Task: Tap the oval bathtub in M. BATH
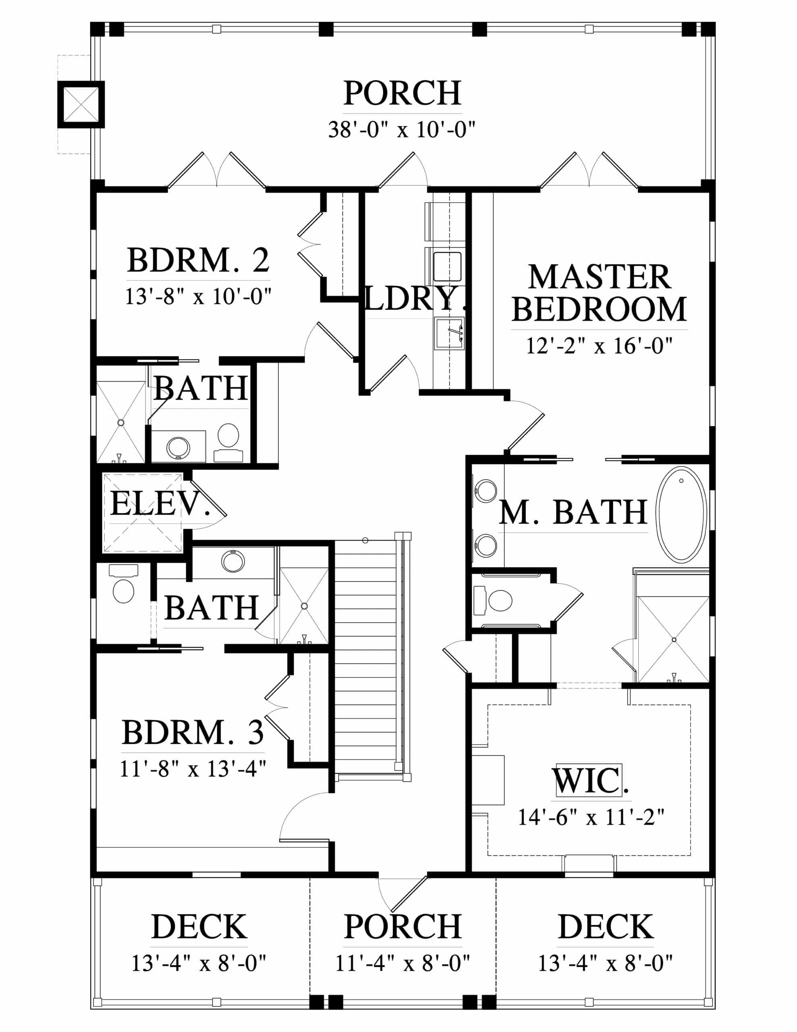point(682,515)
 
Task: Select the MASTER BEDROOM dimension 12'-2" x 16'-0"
point(599,346)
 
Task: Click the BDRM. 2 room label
point(198,260)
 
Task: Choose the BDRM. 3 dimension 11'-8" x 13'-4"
point(193,769)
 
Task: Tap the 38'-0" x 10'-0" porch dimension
point(402,129)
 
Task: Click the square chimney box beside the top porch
point(81,104)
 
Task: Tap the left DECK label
point(199,927)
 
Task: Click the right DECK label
point(606,927)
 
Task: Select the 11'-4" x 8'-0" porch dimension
point(403,963)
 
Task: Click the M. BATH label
point(573,512)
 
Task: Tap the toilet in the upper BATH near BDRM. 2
point(228,436)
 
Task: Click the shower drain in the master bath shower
point(674,640)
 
